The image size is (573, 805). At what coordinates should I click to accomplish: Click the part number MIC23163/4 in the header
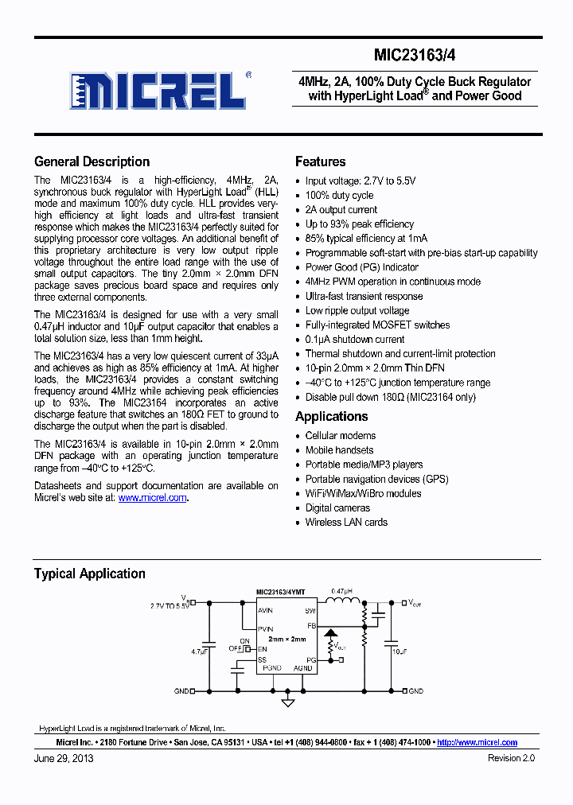(415, 56)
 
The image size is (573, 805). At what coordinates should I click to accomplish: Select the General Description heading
(92, 161)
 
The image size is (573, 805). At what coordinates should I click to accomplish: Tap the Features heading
(320, 161)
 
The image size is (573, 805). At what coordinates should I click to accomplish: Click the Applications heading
(331, 416)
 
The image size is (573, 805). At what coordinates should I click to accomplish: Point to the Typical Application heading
(89, 574)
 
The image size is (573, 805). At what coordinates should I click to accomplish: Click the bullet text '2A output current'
(341, 209)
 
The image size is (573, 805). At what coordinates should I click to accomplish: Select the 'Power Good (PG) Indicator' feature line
(361, 267)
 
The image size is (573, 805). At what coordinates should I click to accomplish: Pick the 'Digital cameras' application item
(337, 507)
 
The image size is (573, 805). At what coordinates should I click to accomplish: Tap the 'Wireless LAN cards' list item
(346, 522)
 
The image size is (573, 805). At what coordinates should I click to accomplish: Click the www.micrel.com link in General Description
(153, 498)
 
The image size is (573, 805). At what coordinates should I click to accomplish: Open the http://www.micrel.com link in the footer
(477, 742)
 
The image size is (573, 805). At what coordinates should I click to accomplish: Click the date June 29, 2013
(64, 758)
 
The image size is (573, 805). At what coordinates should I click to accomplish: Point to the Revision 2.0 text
(511, 758)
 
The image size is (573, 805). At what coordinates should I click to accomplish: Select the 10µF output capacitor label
(400, 651)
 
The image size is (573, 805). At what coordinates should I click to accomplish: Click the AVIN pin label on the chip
(265, 610)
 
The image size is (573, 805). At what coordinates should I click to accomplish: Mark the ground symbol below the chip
(288, 702)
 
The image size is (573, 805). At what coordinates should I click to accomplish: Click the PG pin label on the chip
(310, 660)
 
